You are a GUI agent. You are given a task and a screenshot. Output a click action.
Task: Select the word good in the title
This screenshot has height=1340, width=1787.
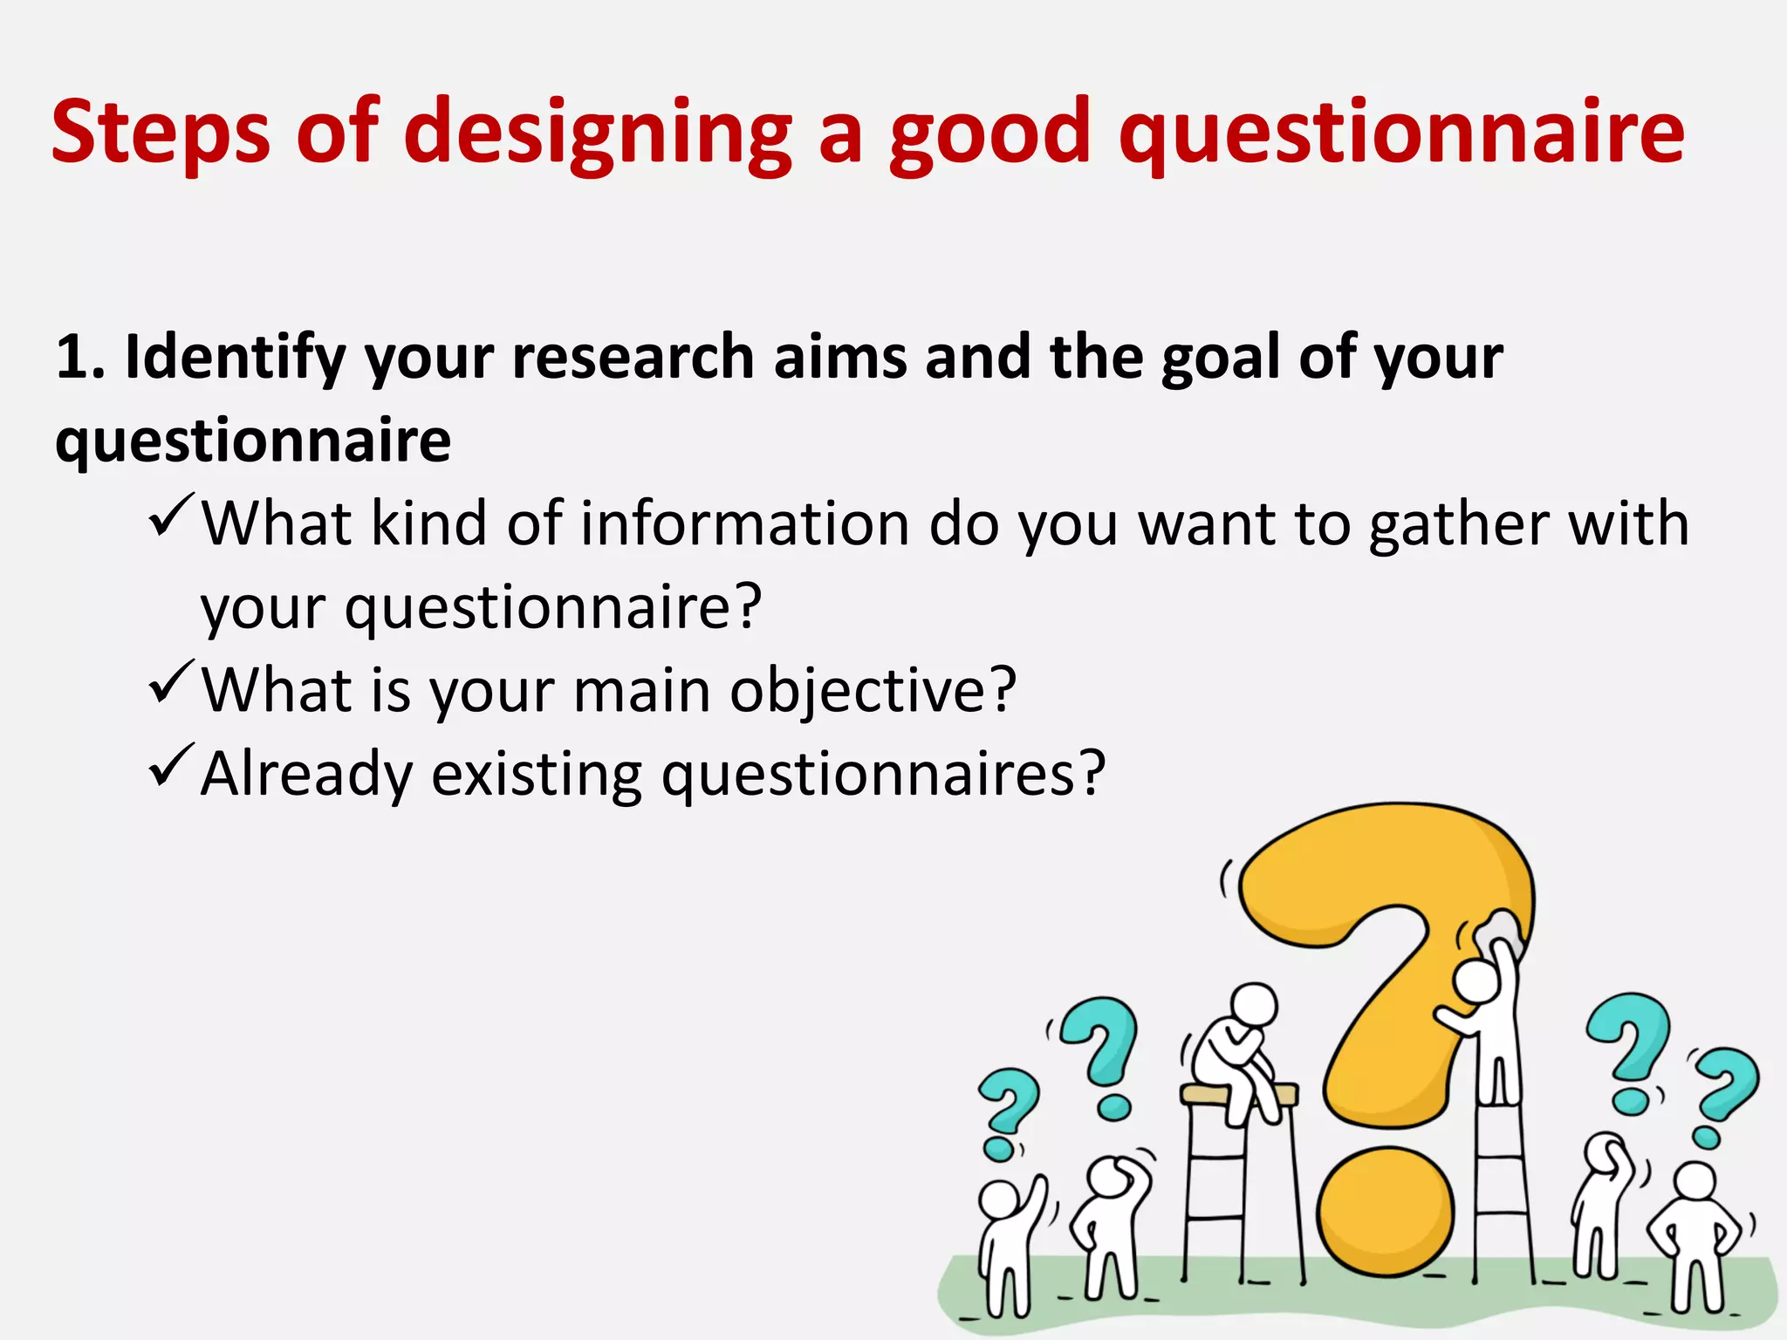[x=989, y=133]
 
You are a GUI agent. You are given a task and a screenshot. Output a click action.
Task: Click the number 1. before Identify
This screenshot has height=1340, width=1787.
[x=80, y=358]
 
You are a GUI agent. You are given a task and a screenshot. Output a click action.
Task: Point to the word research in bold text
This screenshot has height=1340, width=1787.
[x=633, y=358]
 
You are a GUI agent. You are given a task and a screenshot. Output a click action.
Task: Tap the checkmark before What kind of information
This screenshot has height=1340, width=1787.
[x=171, y=516]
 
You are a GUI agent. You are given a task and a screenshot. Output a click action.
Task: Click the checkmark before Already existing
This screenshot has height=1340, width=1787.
[x=171, y=766]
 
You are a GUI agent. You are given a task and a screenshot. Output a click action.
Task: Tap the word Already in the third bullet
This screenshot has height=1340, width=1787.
[x=305, y=775]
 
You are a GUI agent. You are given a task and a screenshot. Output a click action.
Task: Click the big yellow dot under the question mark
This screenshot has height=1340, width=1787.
[x=1386, y=1214]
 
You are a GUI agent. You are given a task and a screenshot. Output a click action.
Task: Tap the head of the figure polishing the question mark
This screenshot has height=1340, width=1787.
[x=1476, y=981]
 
